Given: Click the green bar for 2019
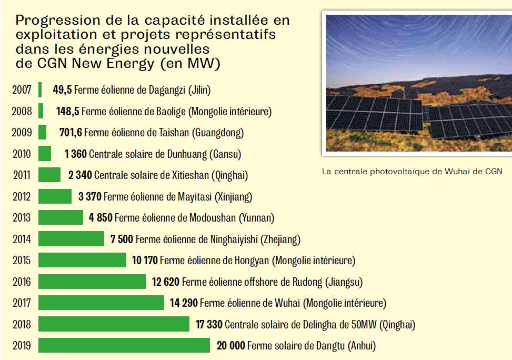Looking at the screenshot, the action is click(x=124, y=345).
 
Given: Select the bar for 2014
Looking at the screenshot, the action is click(x=71, y=239).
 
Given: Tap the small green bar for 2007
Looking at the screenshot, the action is click(x=40, y=89).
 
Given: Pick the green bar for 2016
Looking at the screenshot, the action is click(x=92, y=281).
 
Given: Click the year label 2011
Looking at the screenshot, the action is click(x=22, y=175).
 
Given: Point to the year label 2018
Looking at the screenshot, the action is click(x=22, y=324).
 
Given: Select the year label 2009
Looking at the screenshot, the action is click(x=22, y=132).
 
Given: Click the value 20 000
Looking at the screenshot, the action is click(x=231, y=345).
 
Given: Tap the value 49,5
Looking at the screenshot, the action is click(x=62, y=90).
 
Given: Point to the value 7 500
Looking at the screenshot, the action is click(x=122, y=239).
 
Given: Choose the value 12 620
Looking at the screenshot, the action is click(x=166, y=282).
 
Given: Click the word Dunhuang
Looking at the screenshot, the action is click(x=187, y=154).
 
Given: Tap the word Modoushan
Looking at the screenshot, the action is click(x=213, y=217).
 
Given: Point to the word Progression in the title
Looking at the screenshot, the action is click(x=58, y=21).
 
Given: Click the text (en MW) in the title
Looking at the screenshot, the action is click(x=190, y=63).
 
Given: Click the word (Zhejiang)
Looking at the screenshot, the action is click(x=280, y=239).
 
